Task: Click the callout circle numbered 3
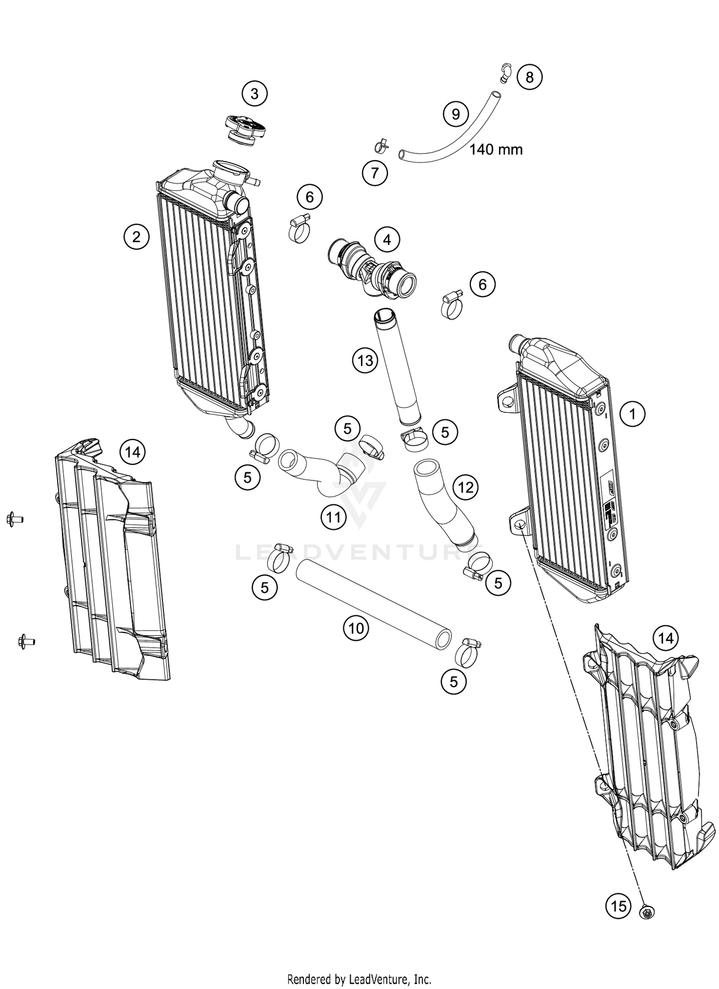[x=255, y=94]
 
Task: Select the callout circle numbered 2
[x=137, y=236]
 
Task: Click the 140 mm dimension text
[x=496, y=150]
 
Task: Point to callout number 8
[x=529, y=77]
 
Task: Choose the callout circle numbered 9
[x=456, y=114]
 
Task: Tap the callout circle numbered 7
[x=375, y=173]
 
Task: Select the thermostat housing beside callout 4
[x=371, y=268]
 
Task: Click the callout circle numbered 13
[x=365, y=360]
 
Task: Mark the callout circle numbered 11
[x=334, y=517]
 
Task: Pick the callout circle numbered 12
[x=465, y=488]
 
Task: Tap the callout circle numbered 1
[x=632, y=413]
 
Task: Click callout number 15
[x=618, y=906]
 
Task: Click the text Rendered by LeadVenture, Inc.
[x=359, y=978]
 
